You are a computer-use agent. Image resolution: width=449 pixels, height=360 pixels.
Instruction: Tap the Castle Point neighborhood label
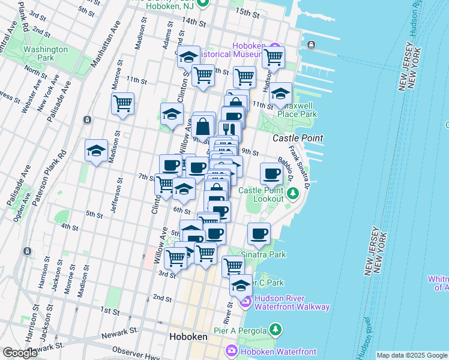(x=298, y=138)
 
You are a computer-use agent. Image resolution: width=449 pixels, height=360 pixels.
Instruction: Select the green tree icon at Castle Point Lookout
(x=292, y=193)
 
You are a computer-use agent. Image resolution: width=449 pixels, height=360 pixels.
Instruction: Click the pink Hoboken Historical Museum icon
(x=276, y=47)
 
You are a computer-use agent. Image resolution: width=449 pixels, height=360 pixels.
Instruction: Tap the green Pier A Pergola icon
(x=275, y=329)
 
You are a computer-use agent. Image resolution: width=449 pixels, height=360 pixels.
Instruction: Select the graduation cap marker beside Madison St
(x=96, y=151)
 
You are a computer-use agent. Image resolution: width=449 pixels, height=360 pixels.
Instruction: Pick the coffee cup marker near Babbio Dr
(x=271, y=173)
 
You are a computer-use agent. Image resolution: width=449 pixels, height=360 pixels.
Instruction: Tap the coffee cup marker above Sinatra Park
(x=259, y=233)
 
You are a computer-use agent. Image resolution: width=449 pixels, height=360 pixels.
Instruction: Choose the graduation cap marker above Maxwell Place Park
(x=280, y=94)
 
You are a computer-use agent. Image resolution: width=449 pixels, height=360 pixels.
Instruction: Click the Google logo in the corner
(x=19, y=353)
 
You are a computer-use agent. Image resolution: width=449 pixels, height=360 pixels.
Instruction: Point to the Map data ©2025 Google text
(x=411, y=355)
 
